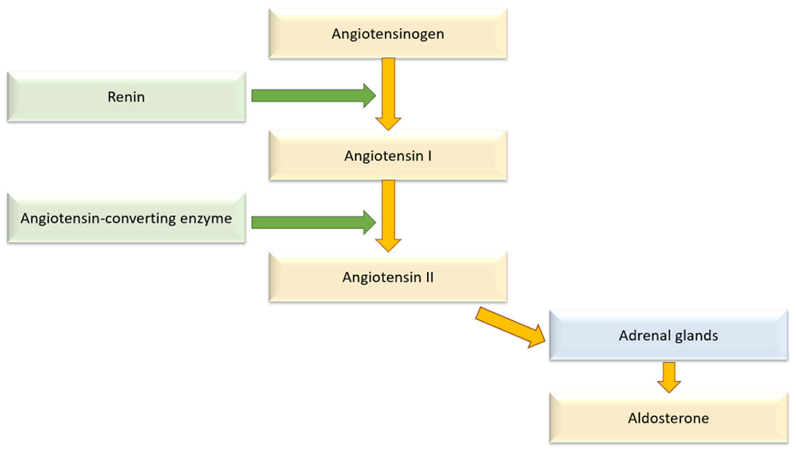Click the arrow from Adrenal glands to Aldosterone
(x=669, y=376)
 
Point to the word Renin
(x=126, y=97)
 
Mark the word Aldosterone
(x=668, y=418)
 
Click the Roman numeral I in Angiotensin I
(x=430, y=156)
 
